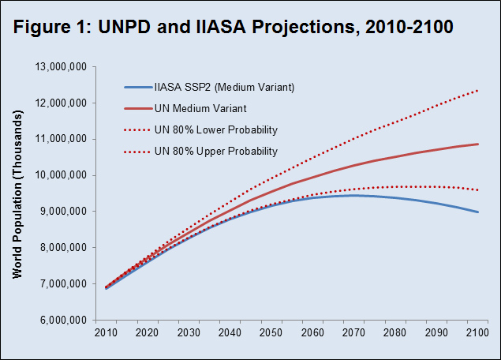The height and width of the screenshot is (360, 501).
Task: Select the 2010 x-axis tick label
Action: click(106, 334)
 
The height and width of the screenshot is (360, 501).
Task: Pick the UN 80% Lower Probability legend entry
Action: click(227, 129)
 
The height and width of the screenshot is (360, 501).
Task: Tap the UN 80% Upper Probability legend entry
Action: click(227, 150)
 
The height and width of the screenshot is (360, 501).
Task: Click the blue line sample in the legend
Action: click(143, 87)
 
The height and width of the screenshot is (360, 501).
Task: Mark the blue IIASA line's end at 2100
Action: click(477, 212)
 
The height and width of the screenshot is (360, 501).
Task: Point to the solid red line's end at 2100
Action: click(477, 144)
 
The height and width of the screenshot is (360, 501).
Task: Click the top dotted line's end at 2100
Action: click(477, 91)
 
